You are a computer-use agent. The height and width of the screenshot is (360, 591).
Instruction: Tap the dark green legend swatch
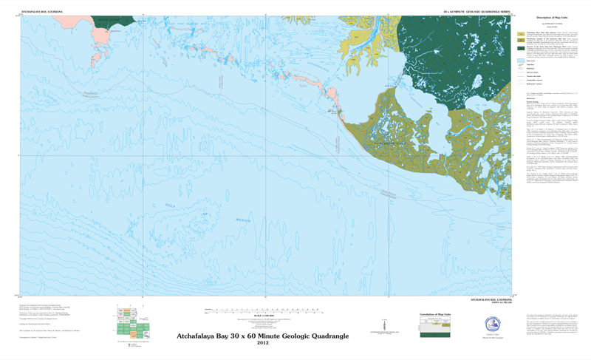520,47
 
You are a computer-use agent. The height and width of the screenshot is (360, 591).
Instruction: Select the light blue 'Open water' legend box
520,61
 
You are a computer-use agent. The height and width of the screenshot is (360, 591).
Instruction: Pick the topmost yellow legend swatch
520,34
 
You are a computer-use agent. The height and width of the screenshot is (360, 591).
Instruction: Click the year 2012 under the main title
262,342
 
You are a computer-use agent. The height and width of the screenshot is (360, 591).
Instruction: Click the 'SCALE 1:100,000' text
262,315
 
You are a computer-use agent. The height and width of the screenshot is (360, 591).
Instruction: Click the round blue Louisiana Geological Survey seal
493,325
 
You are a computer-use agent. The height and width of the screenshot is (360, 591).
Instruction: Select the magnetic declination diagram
384,326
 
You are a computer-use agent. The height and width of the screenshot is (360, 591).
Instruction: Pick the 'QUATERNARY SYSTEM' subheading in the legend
547,24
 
